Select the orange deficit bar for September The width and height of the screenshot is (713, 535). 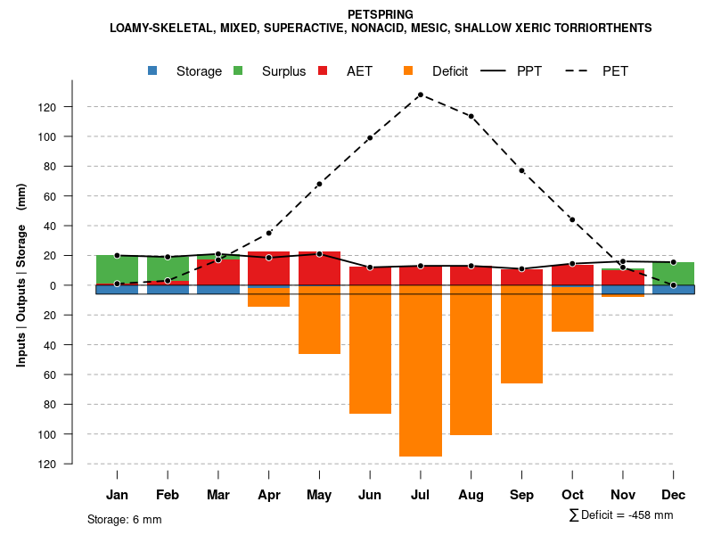point(521,334)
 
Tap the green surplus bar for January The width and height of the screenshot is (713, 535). point(117,269)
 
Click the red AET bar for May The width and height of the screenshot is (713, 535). point(319,268)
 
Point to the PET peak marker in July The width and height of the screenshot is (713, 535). point(420,95)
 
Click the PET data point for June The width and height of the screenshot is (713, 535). point(370,138)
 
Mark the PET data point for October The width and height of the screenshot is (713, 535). point(572,220)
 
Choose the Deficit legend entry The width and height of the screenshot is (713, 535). point(436,71)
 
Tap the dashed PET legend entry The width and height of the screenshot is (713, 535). point(597,71)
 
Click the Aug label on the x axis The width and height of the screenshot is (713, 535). point(471,495)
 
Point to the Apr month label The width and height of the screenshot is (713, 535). point(269,495)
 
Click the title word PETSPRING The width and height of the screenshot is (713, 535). point(381,14)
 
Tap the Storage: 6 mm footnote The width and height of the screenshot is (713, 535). point(125,519)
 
